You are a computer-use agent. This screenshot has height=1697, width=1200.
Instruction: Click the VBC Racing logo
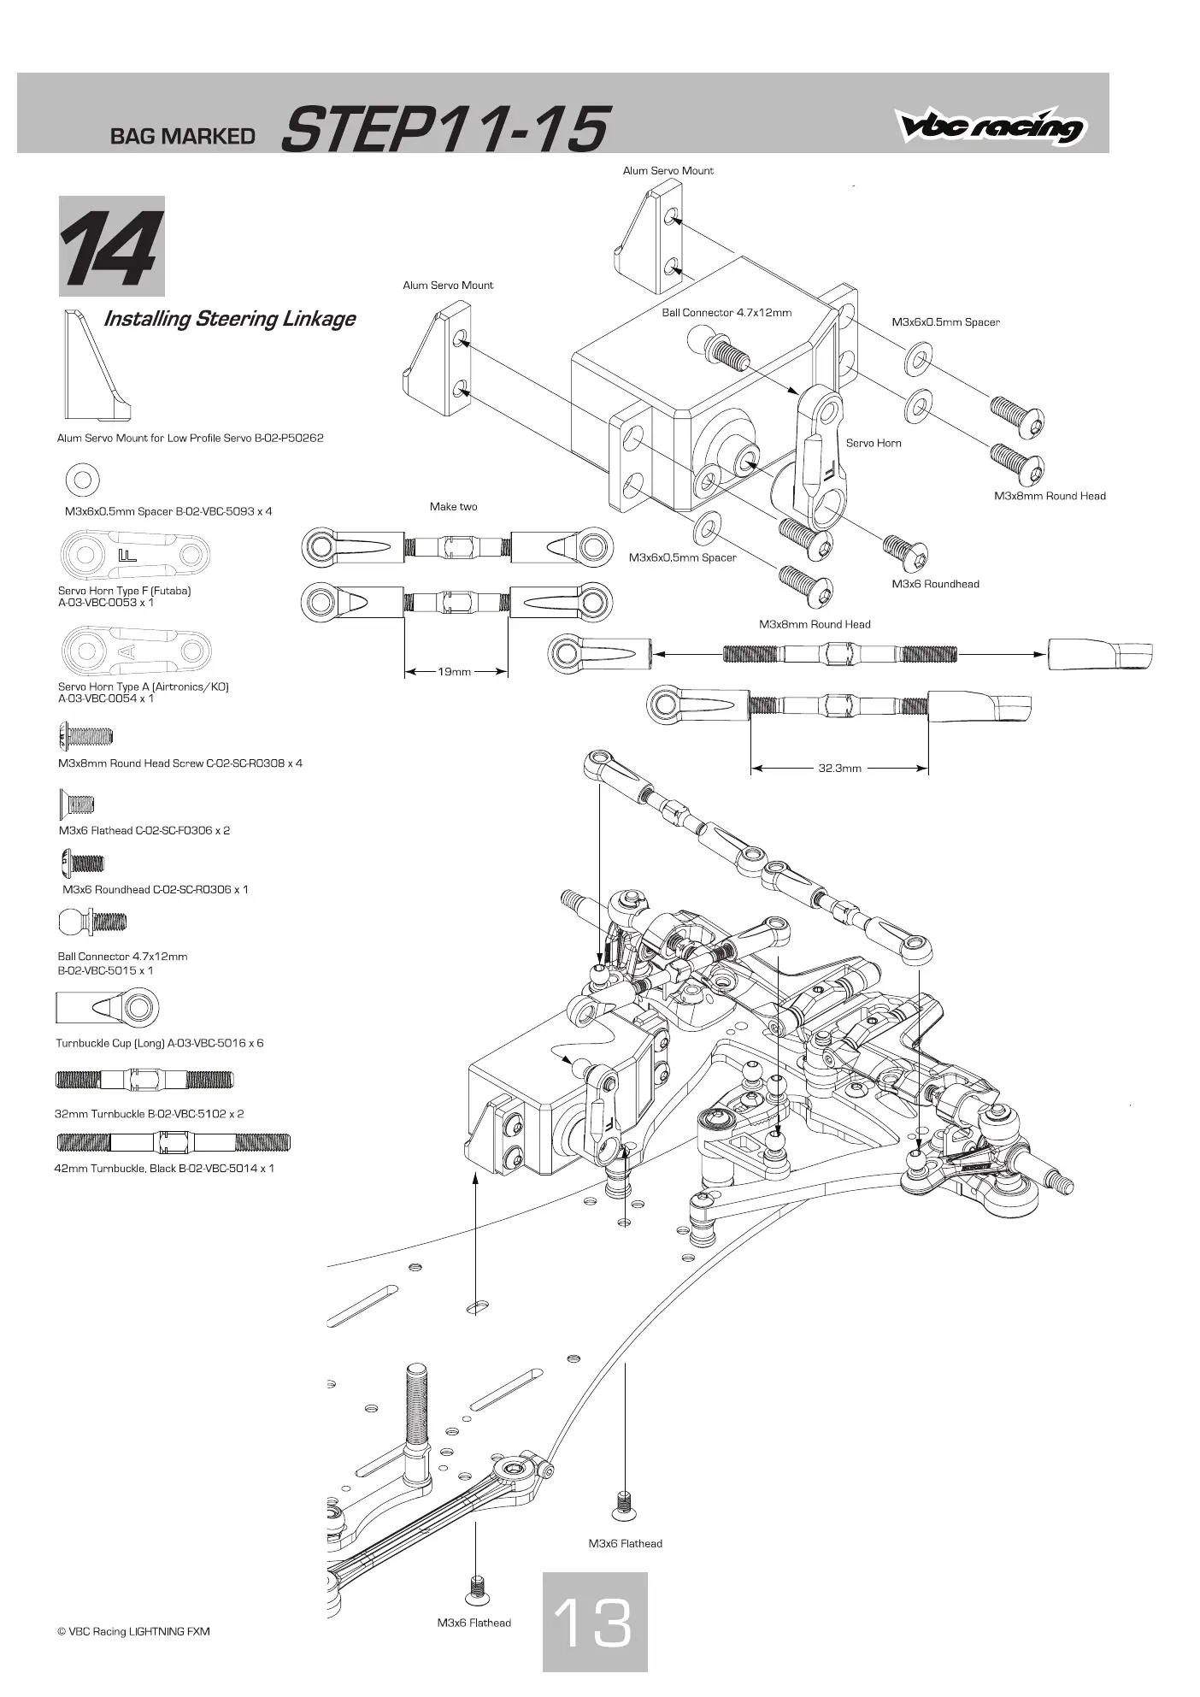coord(991,127)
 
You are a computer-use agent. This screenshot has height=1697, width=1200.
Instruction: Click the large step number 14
coord(111,248)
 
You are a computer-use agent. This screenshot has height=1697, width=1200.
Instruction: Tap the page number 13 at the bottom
coord(593,1622)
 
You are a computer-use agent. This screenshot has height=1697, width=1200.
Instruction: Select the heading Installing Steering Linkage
coord(229,319)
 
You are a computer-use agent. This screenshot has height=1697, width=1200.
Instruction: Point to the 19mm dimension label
coord(455,672)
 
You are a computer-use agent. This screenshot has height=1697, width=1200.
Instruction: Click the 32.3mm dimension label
coord(840,769)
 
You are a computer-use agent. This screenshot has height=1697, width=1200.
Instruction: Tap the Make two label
coord(454,507)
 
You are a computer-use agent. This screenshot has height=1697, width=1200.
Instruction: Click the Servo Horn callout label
coord(874,443)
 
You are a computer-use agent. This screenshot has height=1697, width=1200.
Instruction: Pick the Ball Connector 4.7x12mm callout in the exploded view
coord(726,313)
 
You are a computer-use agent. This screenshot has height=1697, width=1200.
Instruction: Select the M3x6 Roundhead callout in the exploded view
coord(936,584)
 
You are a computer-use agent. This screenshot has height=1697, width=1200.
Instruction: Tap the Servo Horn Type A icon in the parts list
coord(137,651)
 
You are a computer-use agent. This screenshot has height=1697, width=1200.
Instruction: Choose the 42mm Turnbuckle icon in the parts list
coord(174,1142)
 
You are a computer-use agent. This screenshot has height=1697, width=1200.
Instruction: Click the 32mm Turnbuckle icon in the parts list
coord(144,1080)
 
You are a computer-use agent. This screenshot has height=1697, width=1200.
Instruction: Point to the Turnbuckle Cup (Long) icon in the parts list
coord(108,1008)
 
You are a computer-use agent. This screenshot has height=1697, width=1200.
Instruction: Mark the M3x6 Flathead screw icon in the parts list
coord(76,804)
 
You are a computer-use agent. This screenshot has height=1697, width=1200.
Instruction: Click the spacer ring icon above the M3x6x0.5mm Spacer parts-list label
coord(82,479)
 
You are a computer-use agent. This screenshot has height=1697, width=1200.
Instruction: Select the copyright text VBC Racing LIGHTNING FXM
coord(133,1631)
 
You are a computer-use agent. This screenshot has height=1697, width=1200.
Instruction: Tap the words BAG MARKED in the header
coord(183,137)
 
